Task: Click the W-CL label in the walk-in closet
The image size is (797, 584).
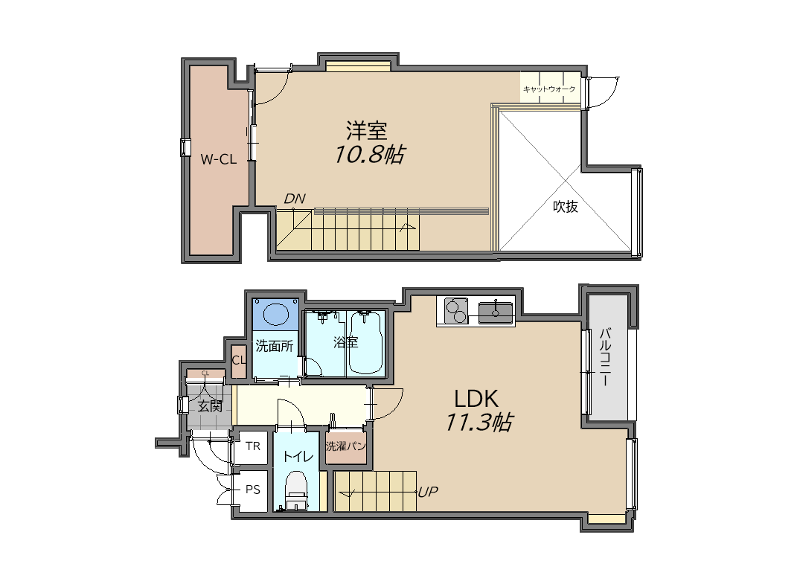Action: [x=219, y=160]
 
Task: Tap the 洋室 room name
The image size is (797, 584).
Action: [x=366, y=131]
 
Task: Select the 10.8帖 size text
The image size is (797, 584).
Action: [x=370, y=154]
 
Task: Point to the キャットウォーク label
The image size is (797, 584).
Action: [x=549, y=89]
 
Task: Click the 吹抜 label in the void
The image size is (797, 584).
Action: [x=566, y=206]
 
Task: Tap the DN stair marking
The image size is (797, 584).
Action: [x=295, y=199]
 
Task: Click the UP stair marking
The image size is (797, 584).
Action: [x=427, y=492]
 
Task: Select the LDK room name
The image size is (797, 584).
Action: [x=476, y=399]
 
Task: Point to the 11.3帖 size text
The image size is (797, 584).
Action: [x=479, y=423]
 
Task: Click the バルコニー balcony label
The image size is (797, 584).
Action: [x=605, y=357]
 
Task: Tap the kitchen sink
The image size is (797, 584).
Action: [x=496, y=311]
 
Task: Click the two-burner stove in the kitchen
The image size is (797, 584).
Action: [x=456, y=310]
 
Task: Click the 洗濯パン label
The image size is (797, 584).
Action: [x=345, y=446]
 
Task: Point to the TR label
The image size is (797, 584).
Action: [x=253, y=446]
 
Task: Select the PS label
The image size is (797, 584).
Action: [x=253, y=490]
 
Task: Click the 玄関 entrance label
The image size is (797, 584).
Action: [x=210, y=406]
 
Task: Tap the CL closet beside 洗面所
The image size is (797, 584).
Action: [x=239, y=361]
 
